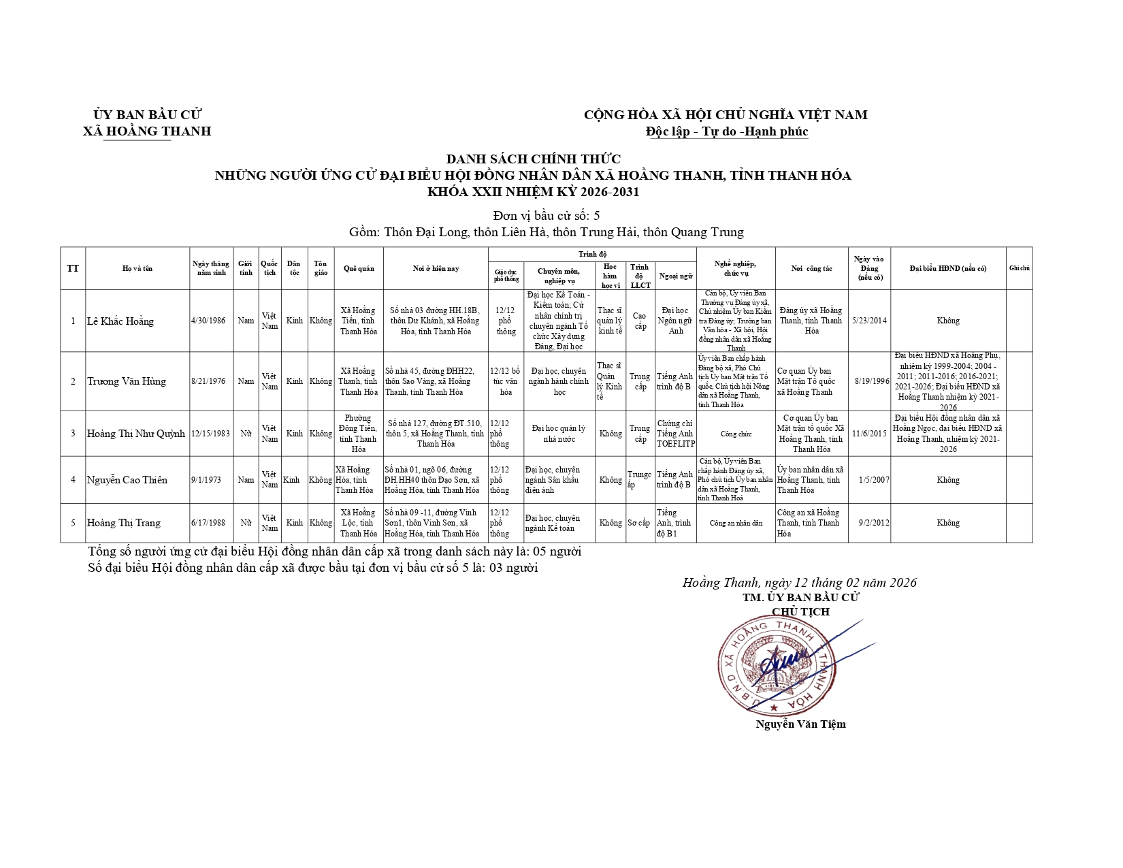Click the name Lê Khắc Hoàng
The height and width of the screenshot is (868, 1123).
120,321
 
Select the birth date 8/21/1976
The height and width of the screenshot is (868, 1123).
208,381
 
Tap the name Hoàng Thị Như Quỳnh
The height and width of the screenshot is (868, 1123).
136,434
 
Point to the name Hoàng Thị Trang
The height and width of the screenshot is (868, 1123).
124,523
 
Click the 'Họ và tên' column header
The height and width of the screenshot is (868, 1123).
137,268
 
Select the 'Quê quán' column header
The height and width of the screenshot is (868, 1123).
359,268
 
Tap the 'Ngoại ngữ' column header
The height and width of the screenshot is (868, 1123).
675,276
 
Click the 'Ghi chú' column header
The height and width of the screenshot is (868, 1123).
1019,268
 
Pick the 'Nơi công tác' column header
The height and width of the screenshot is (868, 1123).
811,268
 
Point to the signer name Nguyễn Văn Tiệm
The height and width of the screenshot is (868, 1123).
800,724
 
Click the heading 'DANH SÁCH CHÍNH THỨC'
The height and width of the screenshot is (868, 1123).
533,159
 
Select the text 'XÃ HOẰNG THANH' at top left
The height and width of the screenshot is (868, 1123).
147,131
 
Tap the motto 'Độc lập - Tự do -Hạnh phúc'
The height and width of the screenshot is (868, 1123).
727,132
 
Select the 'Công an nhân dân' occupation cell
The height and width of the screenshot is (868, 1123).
735,524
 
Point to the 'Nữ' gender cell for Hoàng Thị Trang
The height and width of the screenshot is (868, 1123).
246,523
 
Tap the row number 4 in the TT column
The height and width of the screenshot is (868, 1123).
73,480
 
